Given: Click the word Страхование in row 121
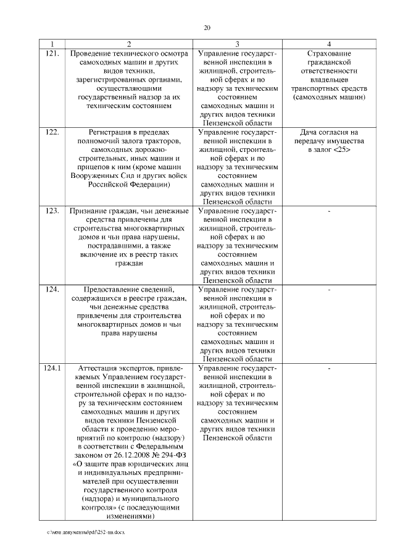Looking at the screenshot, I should (330, 54).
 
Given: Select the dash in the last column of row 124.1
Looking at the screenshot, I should (330, 368).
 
